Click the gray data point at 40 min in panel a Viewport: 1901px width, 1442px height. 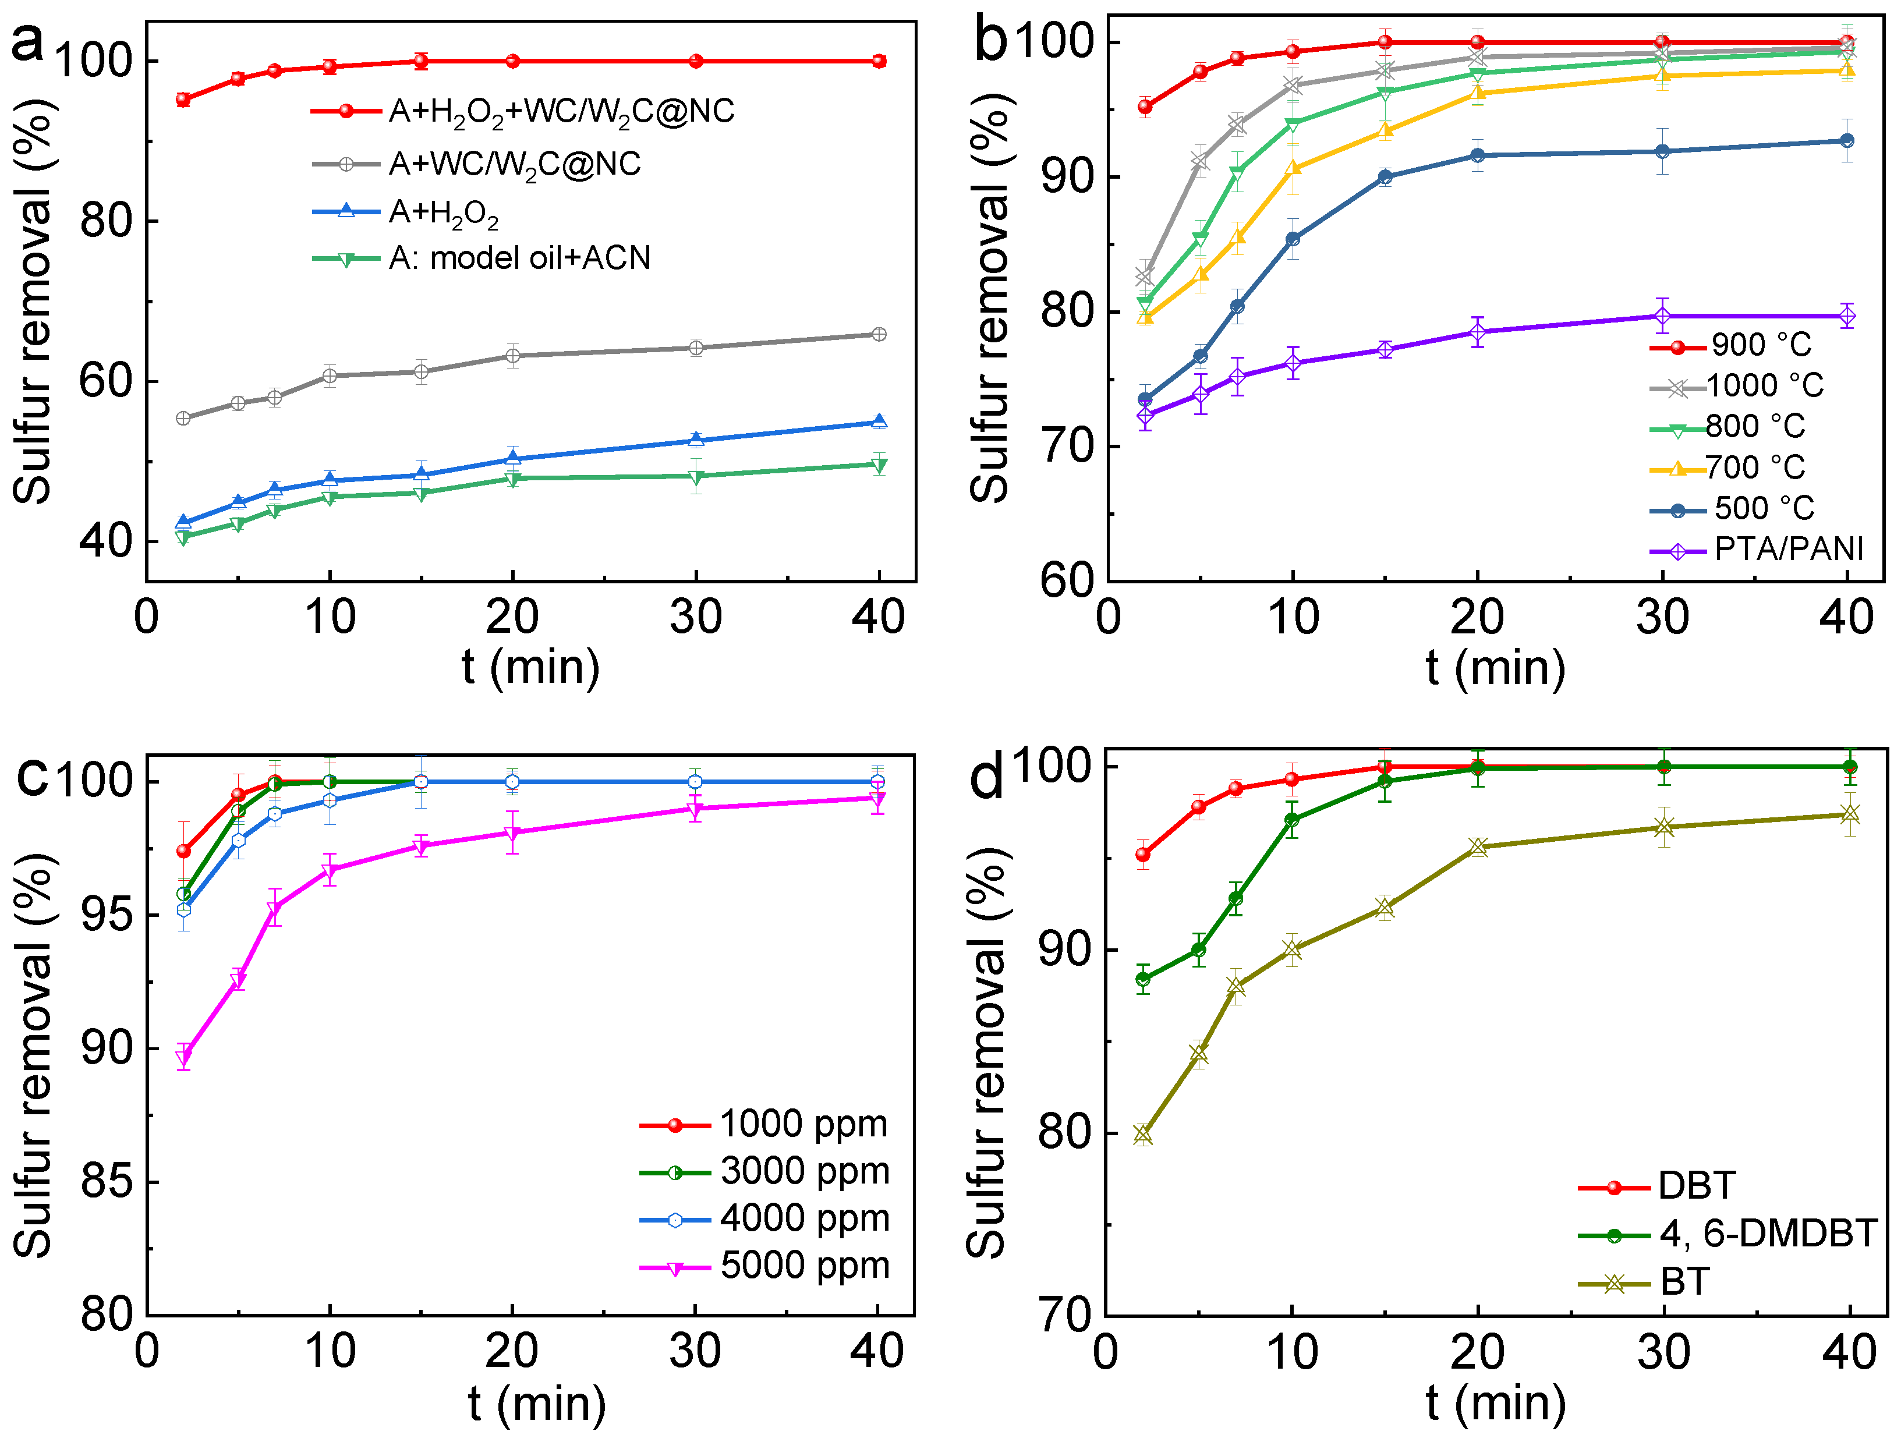pyautogui.click(x=879, y=334)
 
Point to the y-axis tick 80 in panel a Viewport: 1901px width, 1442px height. pyautogui.click(x=105, y=221)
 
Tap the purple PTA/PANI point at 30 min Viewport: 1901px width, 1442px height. pyautogui.click(x=1662, y=316)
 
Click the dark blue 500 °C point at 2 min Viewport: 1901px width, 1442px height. pyautogui.click(x=1145, y=399)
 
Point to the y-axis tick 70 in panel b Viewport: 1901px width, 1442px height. pyautogui.click(x=1065, y=447)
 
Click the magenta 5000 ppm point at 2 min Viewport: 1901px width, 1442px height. pyautogui.click(x=183, y=1057)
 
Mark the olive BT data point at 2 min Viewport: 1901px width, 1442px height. pyautogui.click(x=1143, y=1135)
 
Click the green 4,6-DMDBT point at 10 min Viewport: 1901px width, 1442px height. pyautogui.click(x=1291, y=820)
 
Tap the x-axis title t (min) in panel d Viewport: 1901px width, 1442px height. pyautogui.click(x=1495, y=1404)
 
